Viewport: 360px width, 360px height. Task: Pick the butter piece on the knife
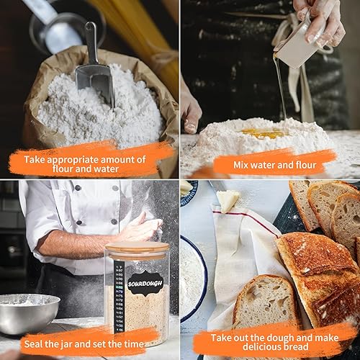(228, 201)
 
